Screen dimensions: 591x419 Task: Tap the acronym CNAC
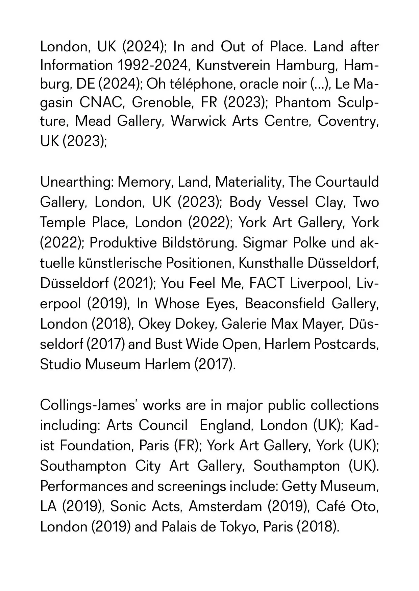(102, 103)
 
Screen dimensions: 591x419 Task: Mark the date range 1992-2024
(152, 65)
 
